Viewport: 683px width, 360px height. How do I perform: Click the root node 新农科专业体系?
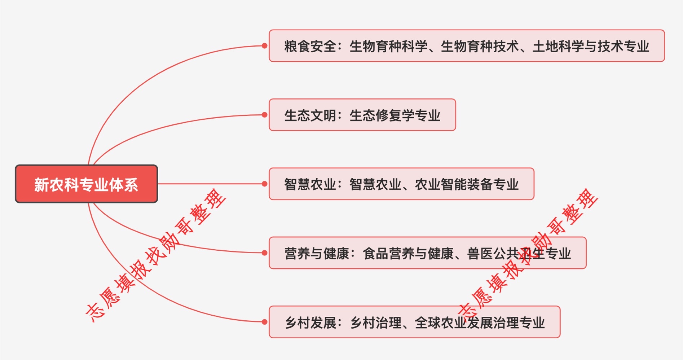tap(86, 184)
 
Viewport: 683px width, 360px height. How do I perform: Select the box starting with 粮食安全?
tap(466, 46)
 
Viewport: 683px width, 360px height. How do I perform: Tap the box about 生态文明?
tap(362, 115)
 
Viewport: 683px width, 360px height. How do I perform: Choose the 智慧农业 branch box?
tap(401, 184)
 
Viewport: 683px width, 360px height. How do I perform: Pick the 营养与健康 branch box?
tap(427, 253)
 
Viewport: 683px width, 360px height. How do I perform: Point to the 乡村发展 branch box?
tap(414, 322)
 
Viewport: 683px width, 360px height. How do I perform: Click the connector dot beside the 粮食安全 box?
tap(264, 46)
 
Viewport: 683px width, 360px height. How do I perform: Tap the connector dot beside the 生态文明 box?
tap(264, 115)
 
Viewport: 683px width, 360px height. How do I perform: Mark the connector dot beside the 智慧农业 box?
tap(264, 184)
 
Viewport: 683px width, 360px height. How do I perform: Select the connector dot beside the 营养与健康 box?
tap(264, 253)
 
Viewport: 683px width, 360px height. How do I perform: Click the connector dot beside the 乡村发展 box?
tap(264, 322)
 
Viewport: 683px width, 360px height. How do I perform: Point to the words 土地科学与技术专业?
tap(591, 47)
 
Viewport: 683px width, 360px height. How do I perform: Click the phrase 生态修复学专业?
tap(395, 115)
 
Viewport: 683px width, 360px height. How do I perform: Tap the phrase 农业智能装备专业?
tap(467, 184)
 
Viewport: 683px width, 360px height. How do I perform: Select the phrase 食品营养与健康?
tap(408, 254)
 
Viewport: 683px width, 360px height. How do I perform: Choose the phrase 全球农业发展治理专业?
tap(480, 322)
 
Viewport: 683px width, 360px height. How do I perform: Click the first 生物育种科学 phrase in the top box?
tap(388, 47)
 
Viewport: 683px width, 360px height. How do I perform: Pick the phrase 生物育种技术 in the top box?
tap(480, 47)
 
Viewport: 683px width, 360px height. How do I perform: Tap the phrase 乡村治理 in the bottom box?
tap(376, 322)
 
